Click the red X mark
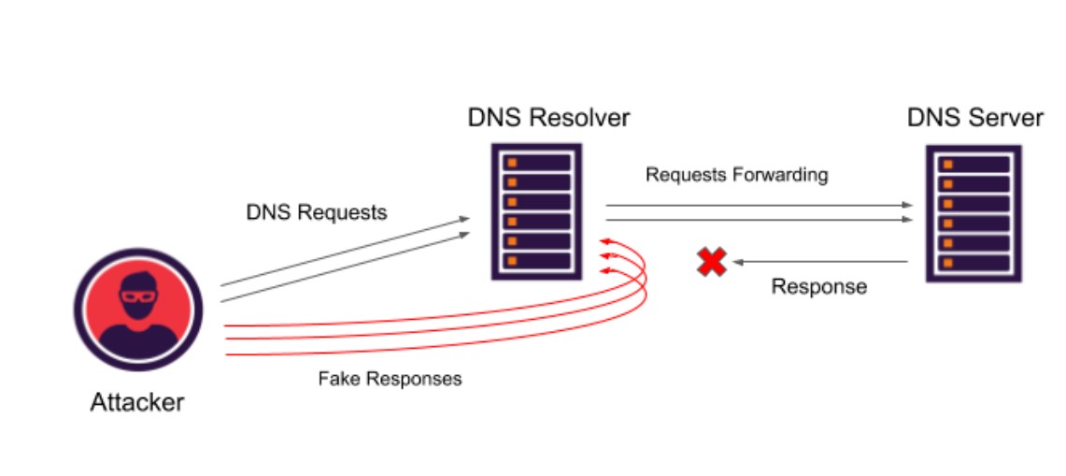click(x=712, y=262)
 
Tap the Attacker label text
click(x=137, y=403)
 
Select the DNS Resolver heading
click(x=548, y=118)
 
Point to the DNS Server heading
click(x=975, y=119)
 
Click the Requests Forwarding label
click(x=736, y=175)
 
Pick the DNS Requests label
click(x=316, y=212)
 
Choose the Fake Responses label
click(x=390, y=380)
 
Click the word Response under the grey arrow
click(x=818, y=287)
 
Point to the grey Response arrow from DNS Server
click(x=820, y=262)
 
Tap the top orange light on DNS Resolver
click(x=511, y=163)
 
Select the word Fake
click(x=336, y=380)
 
